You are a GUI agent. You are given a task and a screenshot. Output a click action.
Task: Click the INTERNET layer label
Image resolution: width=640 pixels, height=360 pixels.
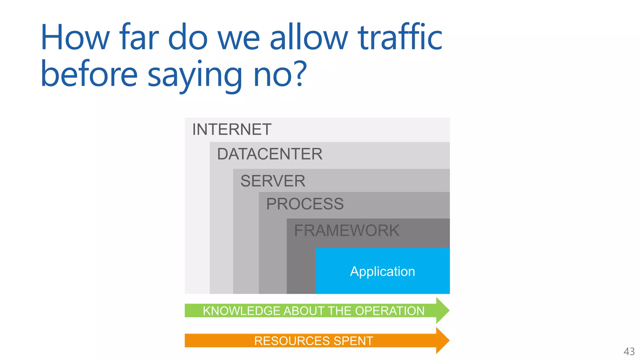point(232,129)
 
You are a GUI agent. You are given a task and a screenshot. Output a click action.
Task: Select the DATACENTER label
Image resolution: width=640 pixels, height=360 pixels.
point(270,154)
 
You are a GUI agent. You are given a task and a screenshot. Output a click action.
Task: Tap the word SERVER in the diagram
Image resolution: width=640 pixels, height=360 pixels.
point(273,181)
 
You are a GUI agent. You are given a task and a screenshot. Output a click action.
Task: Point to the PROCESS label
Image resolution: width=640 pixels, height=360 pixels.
point(305,204)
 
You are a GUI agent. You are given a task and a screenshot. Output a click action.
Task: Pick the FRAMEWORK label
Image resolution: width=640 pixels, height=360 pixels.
point(347,231)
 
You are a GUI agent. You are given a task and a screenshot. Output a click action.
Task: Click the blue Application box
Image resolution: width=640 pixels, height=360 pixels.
point(382,271)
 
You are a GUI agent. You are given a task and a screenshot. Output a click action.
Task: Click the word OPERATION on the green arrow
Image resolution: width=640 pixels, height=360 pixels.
point(390,311)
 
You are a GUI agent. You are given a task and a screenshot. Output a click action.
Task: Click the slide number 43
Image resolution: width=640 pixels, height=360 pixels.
point(629,352)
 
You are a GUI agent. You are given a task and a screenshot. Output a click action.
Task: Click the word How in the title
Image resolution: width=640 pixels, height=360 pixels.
point(75,38)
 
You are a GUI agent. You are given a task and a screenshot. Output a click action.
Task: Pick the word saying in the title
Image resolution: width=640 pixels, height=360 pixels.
point(195,75)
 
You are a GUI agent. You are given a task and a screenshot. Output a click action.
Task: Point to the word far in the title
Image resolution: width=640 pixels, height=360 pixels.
point(139,38)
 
